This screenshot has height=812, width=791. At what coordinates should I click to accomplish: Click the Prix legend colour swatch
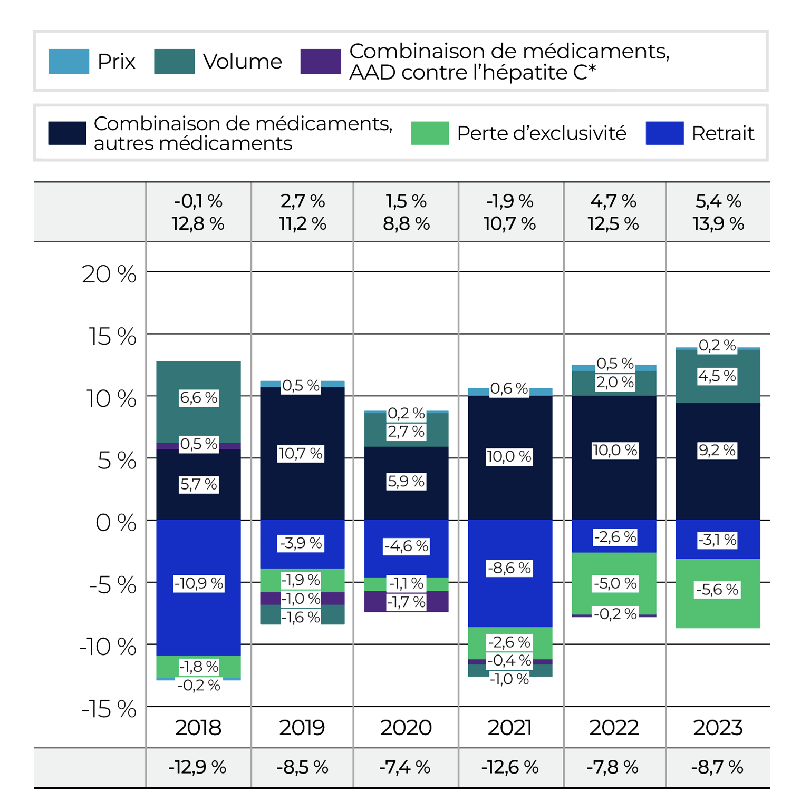pyautogui.click(x=69, y=62)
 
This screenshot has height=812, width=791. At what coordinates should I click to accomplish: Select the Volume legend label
pyautogui.click(x=243, y=62)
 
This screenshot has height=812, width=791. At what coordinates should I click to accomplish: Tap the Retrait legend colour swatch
pyautogui.click(x=664, y=133)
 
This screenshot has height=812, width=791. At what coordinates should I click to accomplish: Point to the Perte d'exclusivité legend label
pyautogui.click(x=542, y=133)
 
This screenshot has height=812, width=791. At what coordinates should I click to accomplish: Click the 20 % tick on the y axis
pyautogui.click(x=109, y=275)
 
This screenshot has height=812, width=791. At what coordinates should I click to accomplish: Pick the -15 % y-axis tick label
pyautogui.click(x=109, y=709)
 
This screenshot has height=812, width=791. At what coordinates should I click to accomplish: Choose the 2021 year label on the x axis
pyautogui.click(x=509, y=728)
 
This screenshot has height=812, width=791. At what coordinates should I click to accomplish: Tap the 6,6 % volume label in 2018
pyautogui.click(x=199, y=398)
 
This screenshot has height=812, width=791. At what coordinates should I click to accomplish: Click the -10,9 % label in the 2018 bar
pyautogui.click(x=199, y=583)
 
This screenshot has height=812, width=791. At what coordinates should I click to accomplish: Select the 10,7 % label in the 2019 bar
pyautogui.click(x=301, y=454)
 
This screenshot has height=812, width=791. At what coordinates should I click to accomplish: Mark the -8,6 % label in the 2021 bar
pyautogui.click(x=509, y=568)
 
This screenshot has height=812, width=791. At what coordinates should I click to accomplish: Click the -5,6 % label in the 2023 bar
pyautogui.click(x=717, y=590)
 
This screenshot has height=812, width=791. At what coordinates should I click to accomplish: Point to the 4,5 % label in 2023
pyautogui.click(x=717, y=376)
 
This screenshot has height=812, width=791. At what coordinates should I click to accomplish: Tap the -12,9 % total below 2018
pyautogui.click(x=197, y=767)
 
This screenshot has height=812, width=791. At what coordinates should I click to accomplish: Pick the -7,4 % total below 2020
pyautogui.click(x=405, y=767)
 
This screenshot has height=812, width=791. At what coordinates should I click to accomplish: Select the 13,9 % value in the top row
pyautogui.click(x=718, y=224)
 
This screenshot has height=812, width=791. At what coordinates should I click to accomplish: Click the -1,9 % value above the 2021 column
pyautogui.click(x=510, y=201)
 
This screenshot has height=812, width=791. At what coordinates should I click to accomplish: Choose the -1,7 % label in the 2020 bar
pyautogui.click(x=406, y=602)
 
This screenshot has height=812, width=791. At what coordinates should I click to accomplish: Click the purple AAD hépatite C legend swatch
pyautogui.click(x=321, y=62)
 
